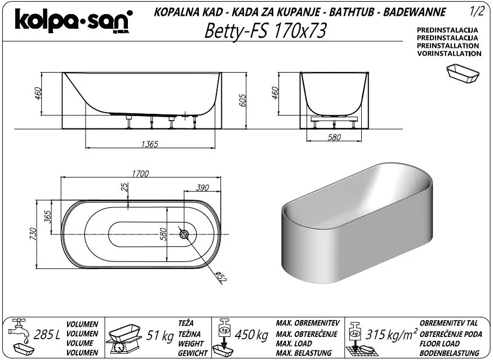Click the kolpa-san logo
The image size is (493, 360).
(74, 20)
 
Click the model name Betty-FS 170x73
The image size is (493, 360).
(266, 31)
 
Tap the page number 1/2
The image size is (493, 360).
(477, 11)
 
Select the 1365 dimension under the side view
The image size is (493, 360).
(150, 144)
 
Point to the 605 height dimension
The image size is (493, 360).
(243, 100)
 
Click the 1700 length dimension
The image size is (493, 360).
(140, 174)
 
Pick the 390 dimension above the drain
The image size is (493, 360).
(202, 188)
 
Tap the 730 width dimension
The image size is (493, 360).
(33, 234)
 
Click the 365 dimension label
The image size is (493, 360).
(47, 217)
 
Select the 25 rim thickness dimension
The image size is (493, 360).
(125, 187)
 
